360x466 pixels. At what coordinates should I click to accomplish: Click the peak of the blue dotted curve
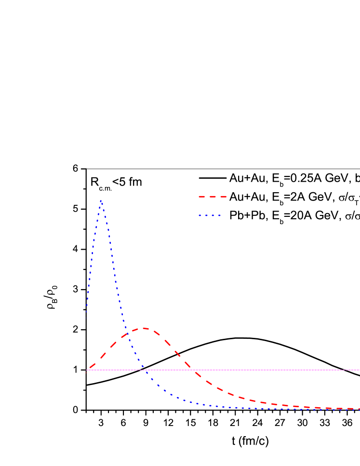101,200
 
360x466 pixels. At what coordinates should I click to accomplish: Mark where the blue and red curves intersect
129,333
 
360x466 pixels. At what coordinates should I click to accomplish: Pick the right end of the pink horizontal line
359,370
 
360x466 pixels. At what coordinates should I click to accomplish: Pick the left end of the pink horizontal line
87,370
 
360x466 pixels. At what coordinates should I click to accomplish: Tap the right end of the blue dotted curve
359,410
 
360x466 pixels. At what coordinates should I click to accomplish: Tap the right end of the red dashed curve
359,409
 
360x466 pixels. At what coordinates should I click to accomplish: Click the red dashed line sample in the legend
213,197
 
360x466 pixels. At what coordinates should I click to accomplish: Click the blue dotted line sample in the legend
210,215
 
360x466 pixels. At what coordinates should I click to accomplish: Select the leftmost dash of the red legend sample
202,197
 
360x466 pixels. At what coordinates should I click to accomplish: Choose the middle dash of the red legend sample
213,197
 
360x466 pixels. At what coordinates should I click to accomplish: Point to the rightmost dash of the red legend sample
223,197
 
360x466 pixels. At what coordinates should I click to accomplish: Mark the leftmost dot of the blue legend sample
200,215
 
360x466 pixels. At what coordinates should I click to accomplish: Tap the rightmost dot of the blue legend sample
219,215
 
